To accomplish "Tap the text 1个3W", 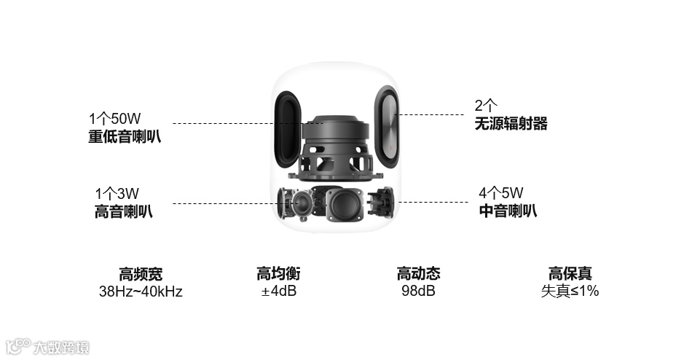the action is pyautogui.click(x=117, y=194).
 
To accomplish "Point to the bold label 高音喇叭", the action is pyautogui.click(x=124, y=211).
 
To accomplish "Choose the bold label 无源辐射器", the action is pyautogui.click(x=511, y=124).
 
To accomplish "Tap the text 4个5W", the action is pyautogui.click(x=501, y=194).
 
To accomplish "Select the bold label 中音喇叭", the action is pyautogui.click(x=508, y=211).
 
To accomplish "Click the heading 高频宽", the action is pyautogui.click(x=141, y=274).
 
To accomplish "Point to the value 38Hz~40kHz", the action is pyautogui.click(x=141, y=291).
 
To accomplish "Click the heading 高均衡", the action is pyautogui.click(x=278, y=274).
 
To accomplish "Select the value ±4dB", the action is pyautogui.click(x=278, y=291).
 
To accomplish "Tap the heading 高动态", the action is pyautogui.click(x=418, y=274).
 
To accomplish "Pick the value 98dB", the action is pyautogui.click(x=418, y=291).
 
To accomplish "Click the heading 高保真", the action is pyautogui.click(x=570, y=274).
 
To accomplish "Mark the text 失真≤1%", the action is pyautogui.click(x=570, y=291).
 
